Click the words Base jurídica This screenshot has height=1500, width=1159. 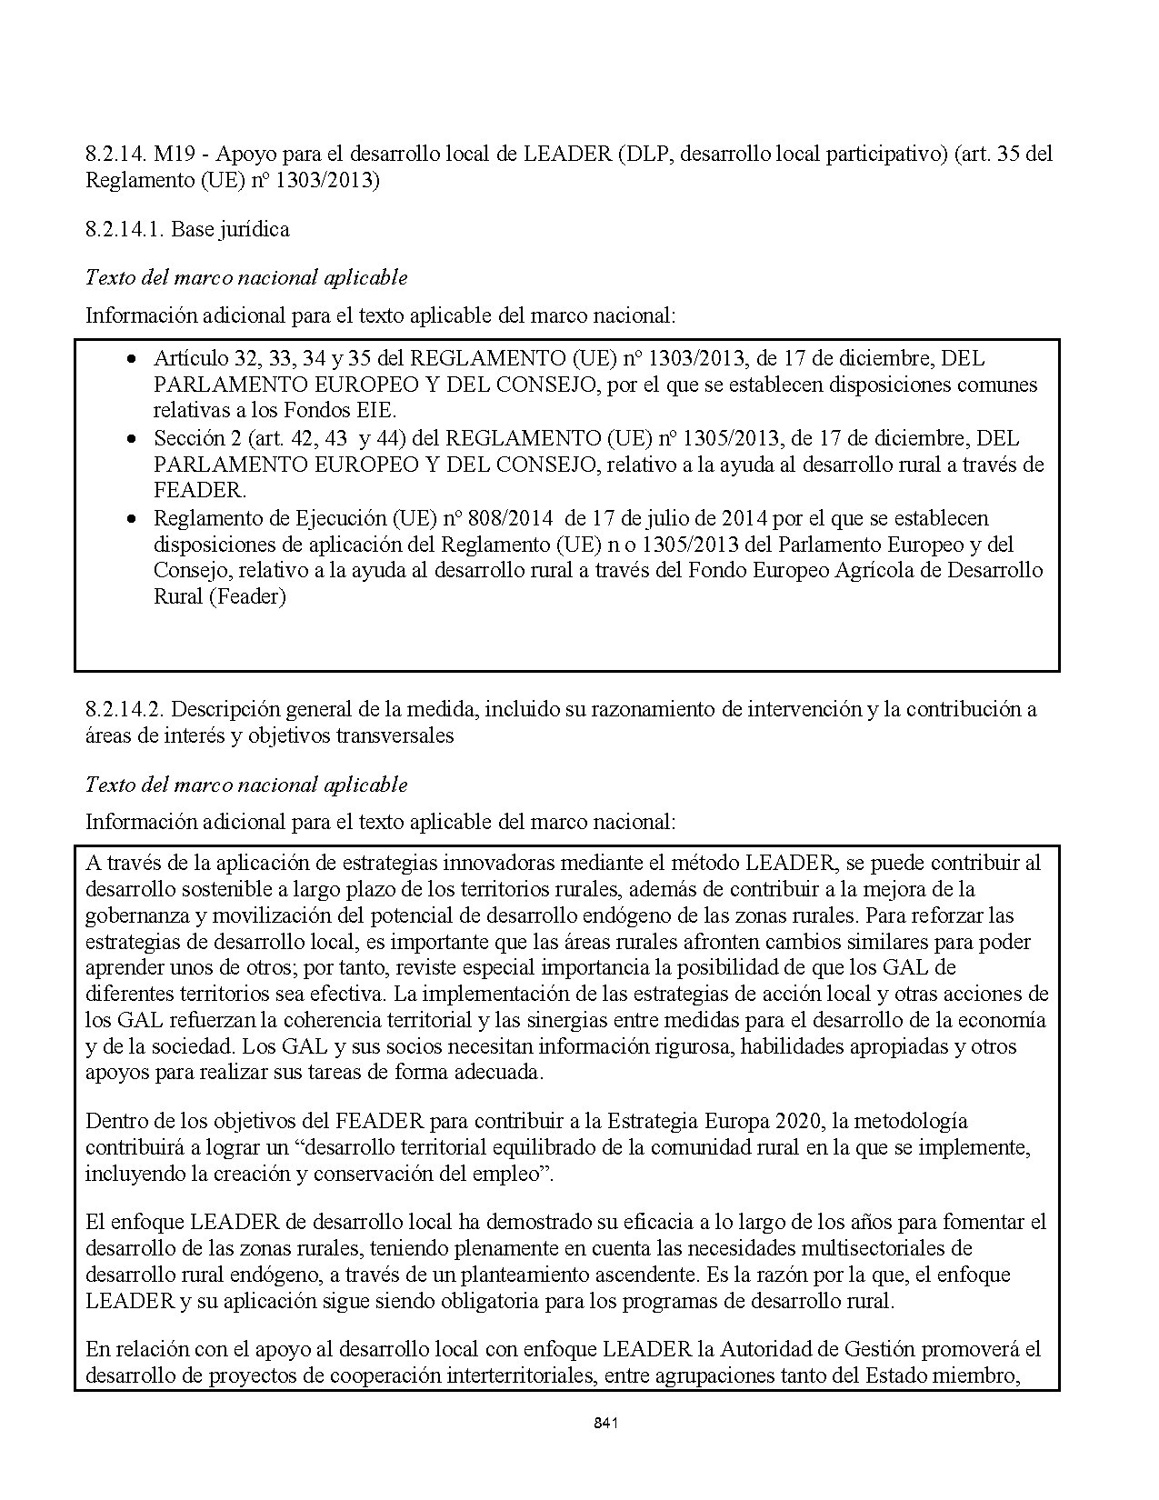230,229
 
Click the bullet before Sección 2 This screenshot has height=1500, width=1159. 133,438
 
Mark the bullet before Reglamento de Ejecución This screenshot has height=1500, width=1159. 133,518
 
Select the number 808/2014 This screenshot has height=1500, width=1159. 510,518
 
